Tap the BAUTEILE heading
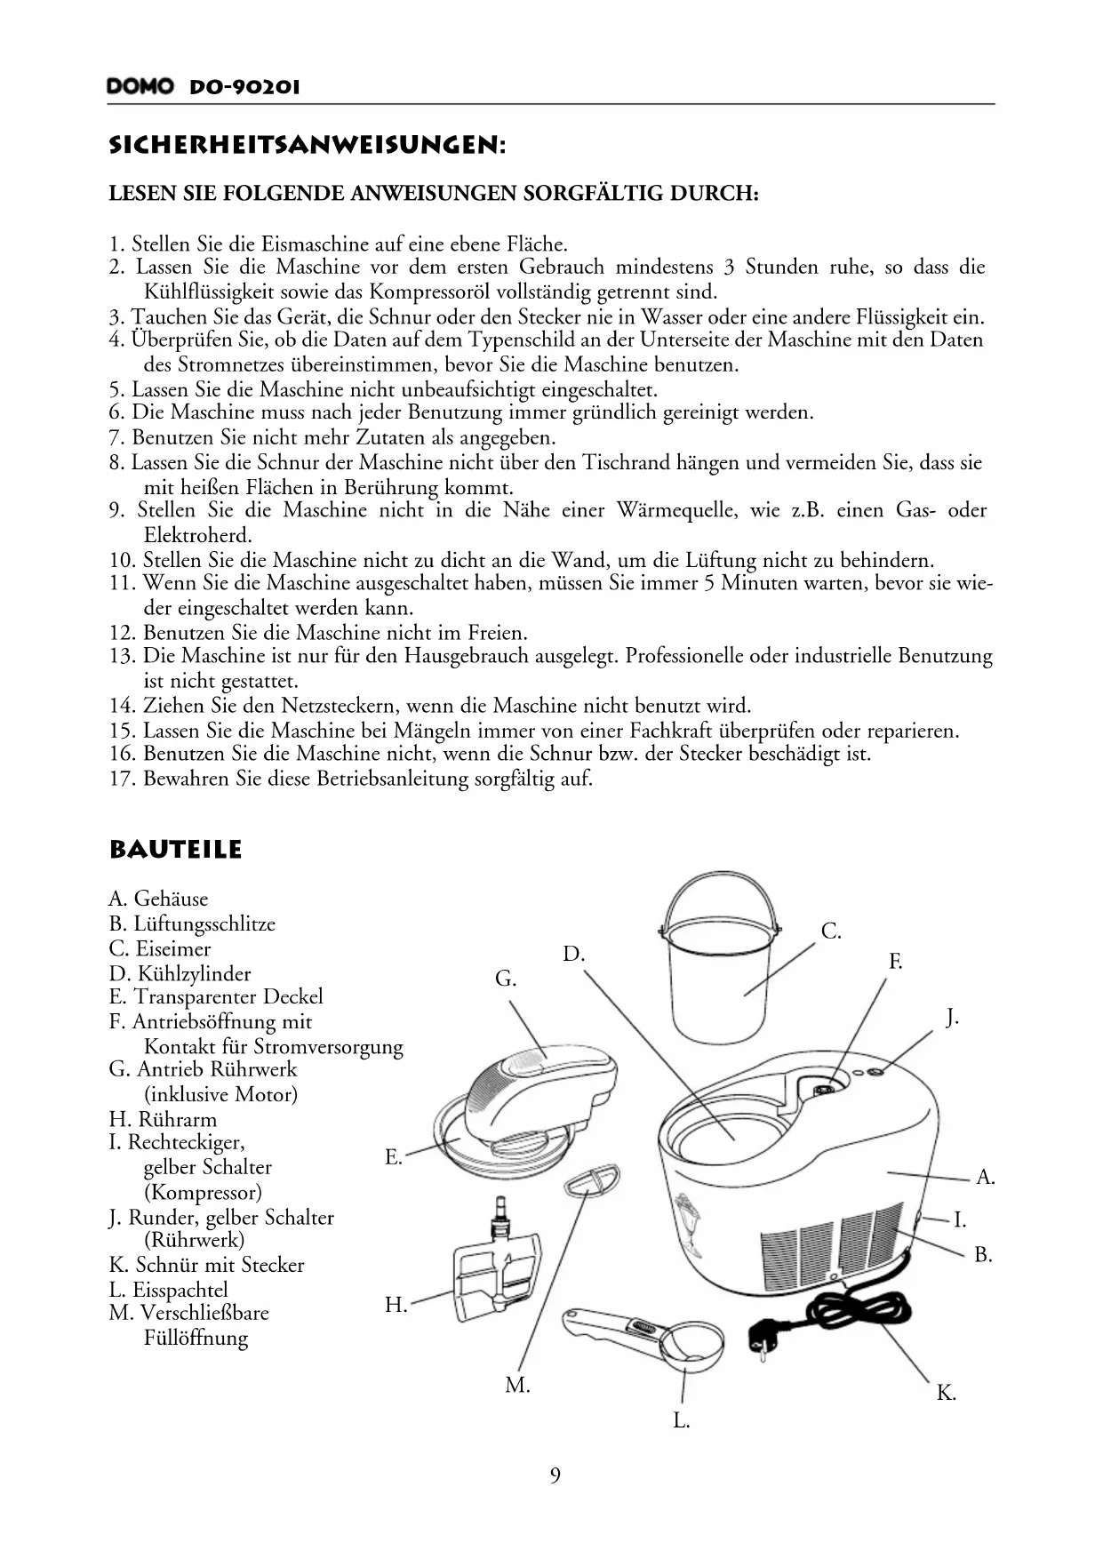coord(175,850)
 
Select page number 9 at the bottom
coord(555,1476)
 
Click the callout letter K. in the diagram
coord(946,1393)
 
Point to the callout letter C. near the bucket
coord(830,931)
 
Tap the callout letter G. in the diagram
coord(505,979)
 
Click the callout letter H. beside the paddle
coord(396,1305)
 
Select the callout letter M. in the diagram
coord(516,1385)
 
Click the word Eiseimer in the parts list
coord(172,948)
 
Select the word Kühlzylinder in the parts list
coord(192,973)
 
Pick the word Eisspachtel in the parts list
coord(180,1290)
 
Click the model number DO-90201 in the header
coord(244,87)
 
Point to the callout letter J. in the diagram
coord(951,1017)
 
